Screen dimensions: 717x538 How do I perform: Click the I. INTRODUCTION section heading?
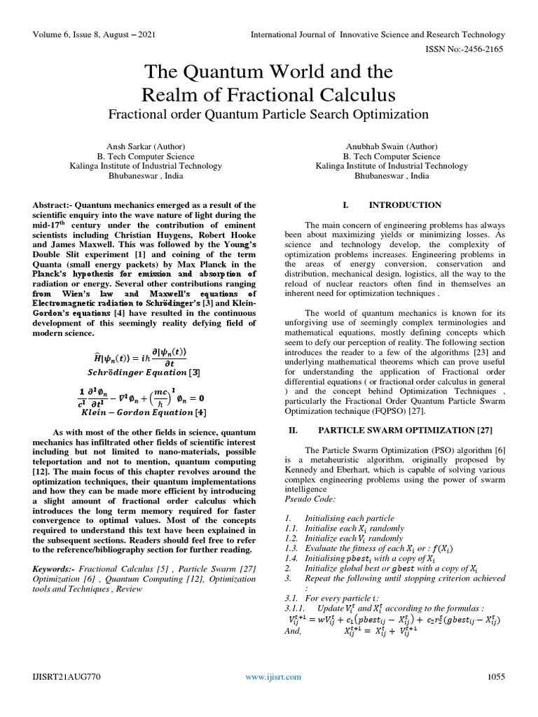[392, 205]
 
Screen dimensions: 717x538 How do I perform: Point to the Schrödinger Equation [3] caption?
[144, 371]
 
